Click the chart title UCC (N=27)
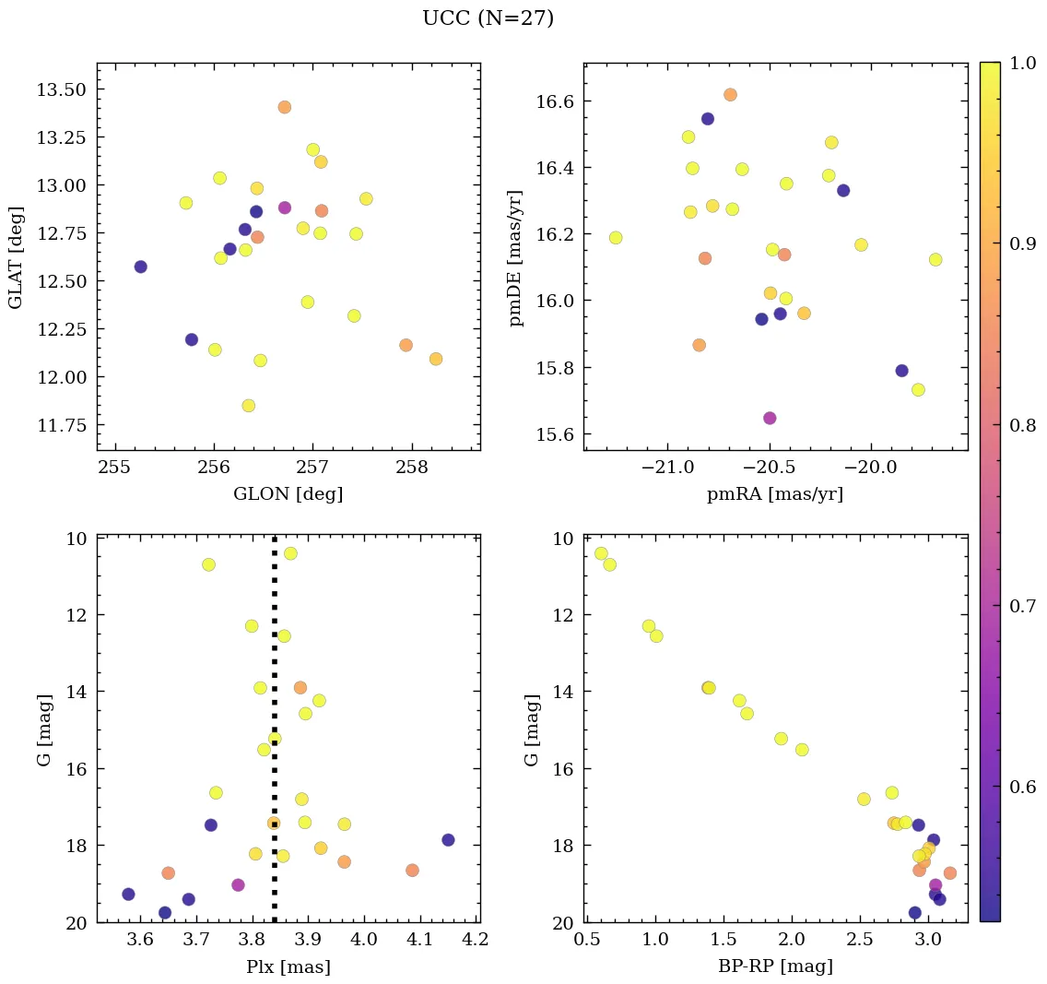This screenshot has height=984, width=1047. point(488,18)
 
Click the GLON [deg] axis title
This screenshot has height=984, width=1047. point(288,494)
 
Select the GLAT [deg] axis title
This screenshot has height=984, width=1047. point(16,257)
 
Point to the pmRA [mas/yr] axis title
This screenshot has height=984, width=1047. point(774,494)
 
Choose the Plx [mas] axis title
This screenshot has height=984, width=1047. point(288,966)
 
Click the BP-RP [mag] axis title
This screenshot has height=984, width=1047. point(774,966)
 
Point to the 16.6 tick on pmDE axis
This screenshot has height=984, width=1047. point(555,101)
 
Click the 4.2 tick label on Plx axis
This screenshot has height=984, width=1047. point(476,941)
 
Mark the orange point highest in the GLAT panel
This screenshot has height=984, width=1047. point(284,107)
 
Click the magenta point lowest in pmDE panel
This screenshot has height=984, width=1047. point(770,418)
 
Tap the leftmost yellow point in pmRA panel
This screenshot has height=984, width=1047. point(616,238)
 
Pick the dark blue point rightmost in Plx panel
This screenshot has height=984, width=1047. point(448,839)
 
